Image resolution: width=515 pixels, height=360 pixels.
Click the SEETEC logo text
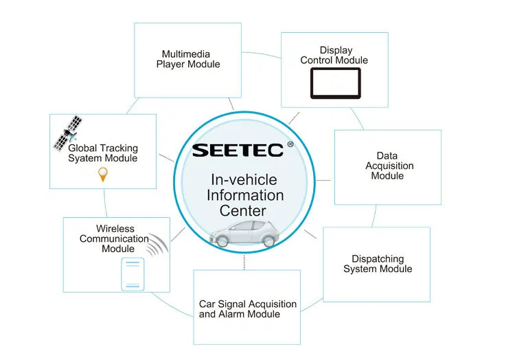(x=236, y=150)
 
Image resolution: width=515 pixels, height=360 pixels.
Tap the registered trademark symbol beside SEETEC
(x=290, y=144)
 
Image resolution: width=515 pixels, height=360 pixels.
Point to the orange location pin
(x=103, y=175)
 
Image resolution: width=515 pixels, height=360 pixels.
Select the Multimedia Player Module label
(x=187, y=59)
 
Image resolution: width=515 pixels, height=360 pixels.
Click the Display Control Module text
(x=334, y=55)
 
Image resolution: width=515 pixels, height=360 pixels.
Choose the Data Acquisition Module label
(x=387, y=166)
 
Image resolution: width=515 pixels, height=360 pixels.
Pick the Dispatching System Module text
(x=378, y=264)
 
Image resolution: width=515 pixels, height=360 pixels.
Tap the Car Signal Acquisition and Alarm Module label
(x=248, y=308)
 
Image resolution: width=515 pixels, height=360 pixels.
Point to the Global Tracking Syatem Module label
(x=103, y=153)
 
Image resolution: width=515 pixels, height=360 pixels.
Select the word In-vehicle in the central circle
(x=244, y=180)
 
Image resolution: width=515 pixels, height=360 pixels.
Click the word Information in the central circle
(x=245, y=195)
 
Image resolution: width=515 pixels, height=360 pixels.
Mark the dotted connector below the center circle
(x=244, y=262)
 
